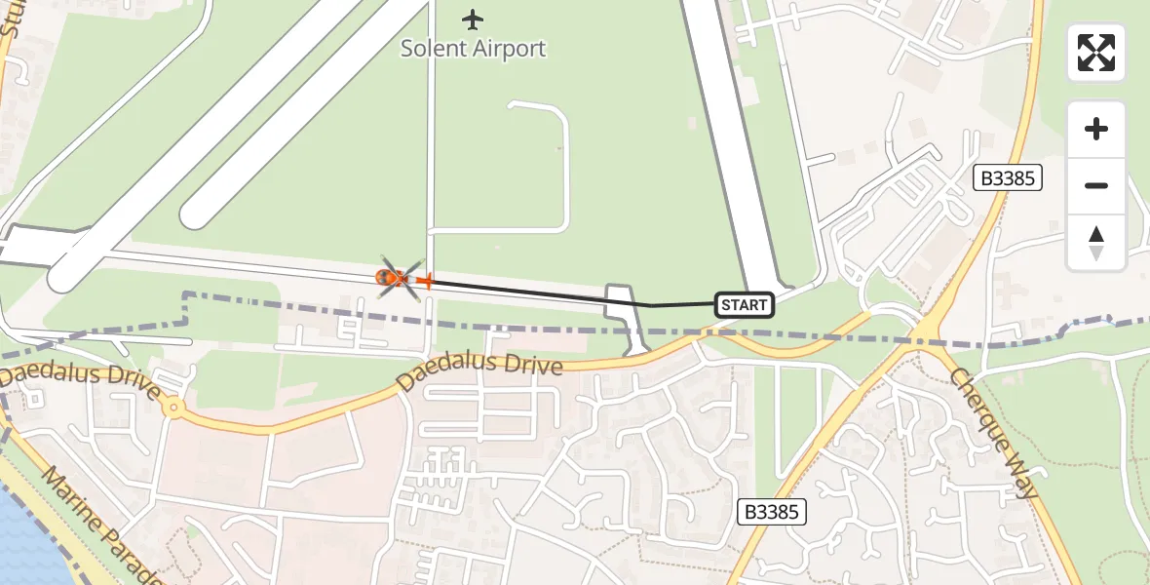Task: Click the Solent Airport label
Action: (474, 48)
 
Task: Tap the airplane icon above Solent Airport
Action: (474, 19)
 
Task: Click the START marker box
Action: (745, 305)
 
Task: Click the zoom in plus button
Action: (1096, 129)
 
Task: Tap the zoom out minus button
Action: (1096, 185)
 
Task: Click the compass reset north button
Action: (1096, 242)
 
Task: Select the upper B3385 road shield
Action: (1009, 177)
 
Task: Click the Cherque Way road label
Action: (994, 434)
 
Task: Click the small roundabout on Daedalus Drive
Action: (173, 408)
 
